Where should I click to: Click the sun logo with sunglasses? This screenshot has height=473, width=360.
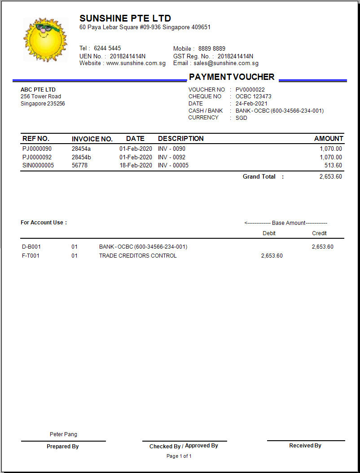(x=44, y=39)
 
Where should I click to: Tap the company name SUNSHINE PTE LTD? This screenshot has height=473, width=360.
(x=125, y=18)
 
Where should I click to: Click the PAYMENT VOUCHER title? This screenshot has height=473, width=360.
(x=232, y=77)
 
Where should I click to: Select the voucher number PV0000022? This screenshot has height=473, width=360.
(x=250, y=90)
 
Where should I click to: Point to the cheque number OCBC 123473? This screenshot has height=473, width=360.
(x=253, y=96)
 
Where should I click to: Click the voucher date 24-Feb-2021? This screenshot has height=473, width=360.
(x=251, y=104)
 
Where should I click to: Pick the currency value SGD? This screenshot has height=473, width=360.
(x=241, y=118)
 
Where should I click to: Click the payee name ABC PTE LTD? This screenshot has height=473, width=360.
(x=38, y=90)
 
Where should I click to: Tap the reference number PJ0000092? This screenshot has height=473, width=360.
(x=37, y=158)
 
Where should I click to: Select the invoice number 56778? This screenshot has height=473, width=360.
(x=79, y=166)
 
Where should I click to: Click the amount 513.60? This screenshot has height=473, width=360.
(x=333, y=166)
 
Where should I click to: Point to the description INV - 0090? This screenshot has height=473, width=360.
(x=171, y=149)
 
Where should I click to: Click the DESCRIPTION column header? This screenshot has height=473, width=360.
(x=180, y=139)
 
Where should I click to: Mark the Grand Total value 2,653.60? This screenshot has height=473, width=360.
(x=330, y=177)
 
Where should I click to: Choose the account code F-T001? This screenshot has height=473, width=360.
(x=31, y=256)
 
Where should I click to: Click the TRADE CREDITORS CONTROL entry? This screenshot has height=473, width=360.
(x=138, y=256)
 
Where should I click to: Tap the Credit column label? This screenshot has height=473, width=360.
(x=319, y=233)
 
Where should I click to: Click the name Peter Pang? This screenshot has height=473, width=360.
(x=63, y=434)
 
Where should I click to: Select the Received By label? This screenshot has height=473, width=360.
(x=305, y=446)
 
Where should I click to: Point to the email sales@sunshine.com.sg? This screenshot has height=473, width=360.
(x=226, y=64)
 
